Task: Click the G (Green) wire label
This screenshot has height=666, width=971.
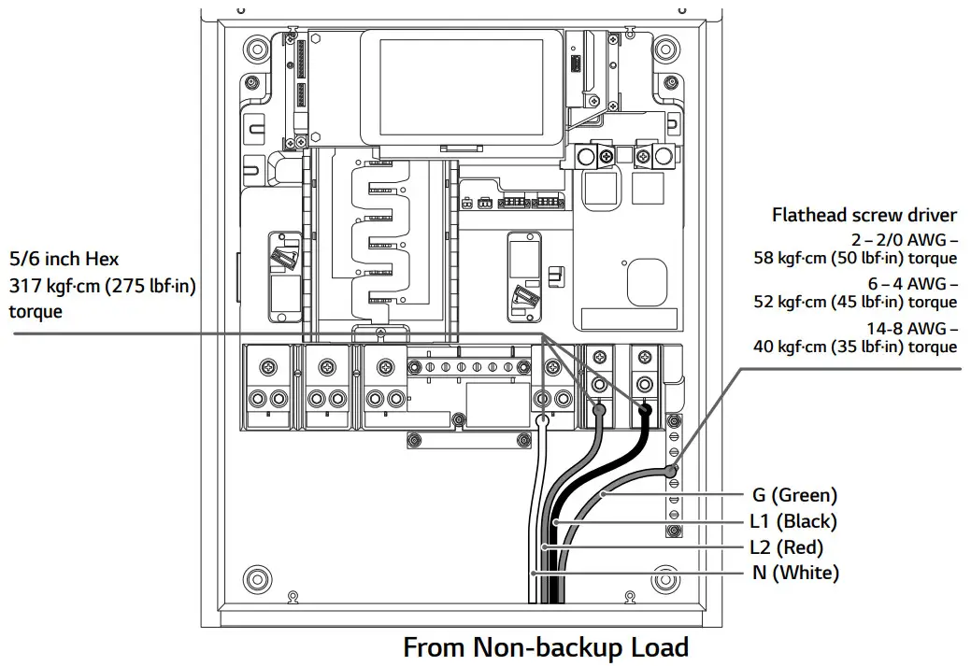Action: point(794,495)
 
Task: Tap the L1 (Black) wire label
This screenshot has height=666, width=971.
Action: point(794,521)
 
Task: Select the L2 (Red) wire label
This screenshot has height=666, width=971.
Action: point(788,547)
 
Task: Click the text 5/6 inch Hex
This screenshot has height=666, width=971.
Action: point(64,259)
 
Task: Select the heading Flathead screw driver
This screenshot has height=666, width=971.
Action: point(864,215)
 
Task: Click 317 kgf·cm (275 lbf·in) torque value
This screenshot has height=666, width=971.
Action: point(103,286)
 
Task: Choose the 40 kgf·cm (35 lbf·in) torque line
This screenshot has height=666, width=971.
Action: point(855,347)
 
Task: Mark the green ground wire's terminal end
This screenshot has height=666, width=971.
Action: point(670,472)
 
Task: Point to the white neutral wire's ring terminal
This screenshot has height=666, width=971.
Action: point(542,421)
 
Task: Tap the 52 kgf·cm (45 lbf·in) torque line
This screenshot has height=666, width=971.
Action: point(855,302)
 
